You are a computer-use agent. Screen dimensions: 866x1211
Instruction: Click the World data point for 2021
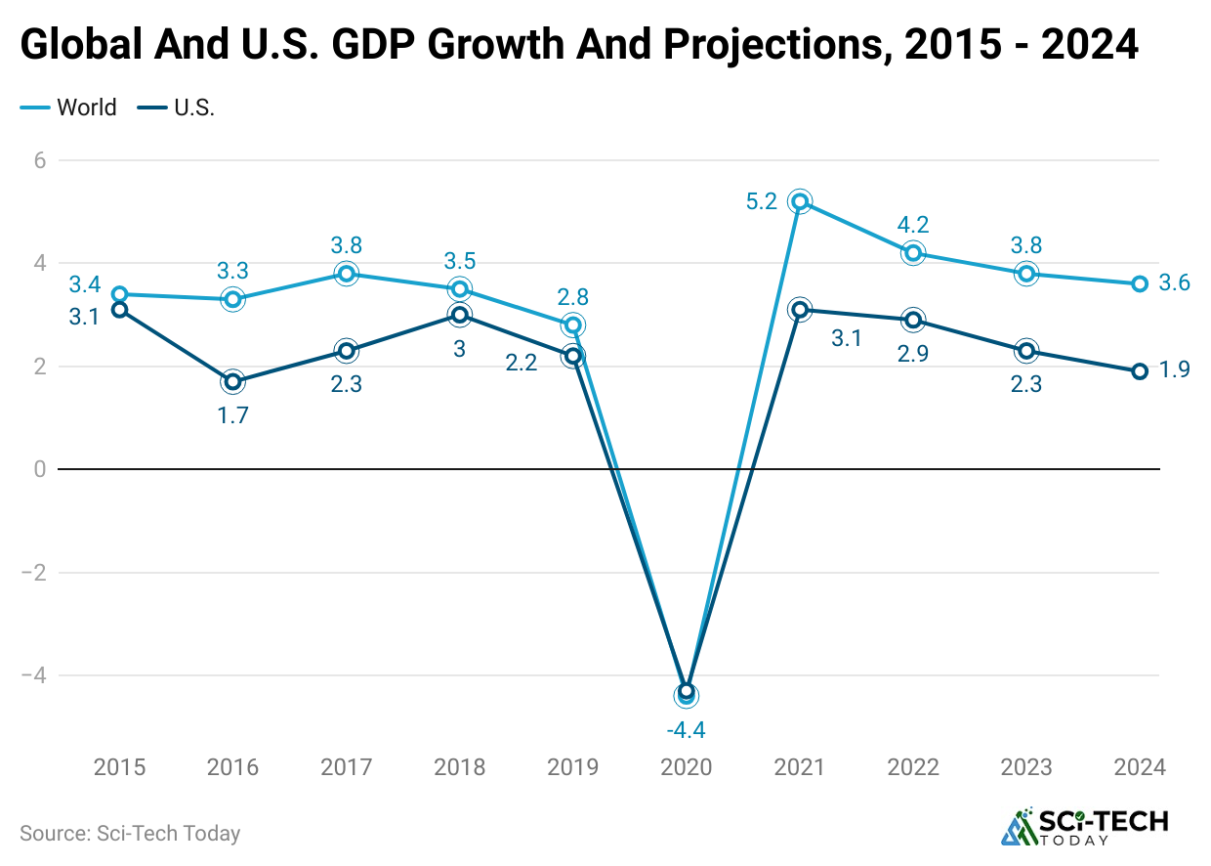[x=800, y=201]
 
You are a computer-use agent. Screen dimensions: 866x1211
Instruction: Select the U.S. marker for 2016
[x=232, y=381]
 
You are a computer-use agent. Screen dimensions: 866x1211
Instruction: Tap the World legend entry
[x=68, y=108]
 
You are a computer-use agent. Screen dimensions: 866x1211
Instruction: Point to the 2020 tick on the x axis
[x=686, y=767]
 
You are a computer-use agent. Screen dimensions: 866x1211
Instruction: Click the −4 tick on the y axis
[x=34, y=675]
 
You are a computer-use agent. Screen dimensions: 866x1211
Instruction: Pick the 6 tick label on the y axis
[x=40, y=160]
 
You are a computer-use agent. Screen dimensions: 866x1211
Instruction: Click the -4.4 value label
[x=686, y=729]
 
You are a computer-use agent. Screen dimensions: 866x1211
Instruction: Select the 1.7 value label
[x=232, y=415]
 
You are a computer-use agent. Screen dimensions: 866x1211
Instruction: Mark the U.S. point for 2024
[x=1139, y=371]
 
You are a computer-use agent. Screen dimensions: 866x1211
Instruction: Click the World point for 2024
[x=1139, y=283]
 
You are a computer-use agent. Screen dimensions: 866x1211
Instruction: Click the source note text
[x=130, y=834]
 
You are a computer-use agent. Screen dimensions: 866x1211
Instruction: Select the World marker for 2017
[x=346, y=274]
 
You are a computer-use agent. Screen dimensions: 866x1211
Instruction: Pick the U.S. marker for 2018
[x=459, y=315]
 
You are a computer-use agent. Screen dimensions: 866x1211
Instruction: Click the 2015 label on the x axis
[x=119, y=767]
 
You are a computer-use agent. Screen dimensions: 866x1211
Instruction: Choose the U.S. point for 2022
[x=913, y=320]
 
